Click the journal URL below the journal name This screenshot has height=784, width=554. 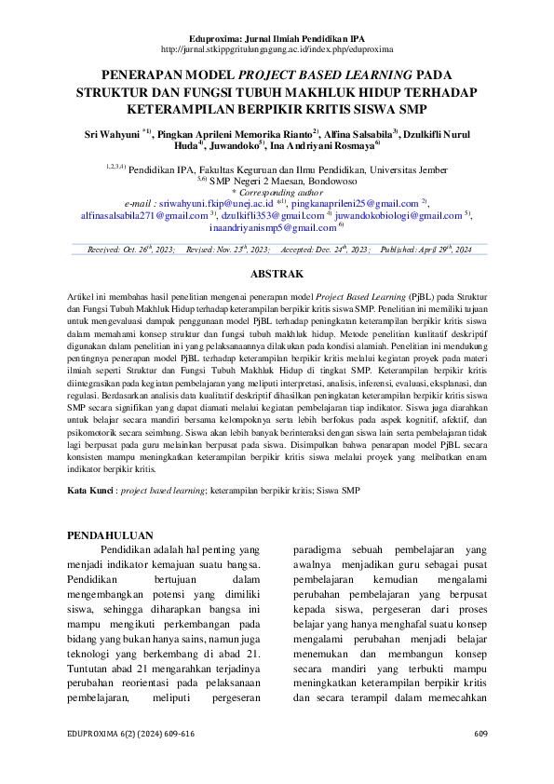click(x=277, y=47)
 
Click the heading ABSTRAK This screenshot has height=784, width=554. click(x=277, y=274)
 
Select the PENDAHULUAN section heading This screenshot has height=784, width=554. click(x=111, y=535)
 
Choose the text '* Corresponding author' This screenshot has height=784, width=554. click(x=277, y=191)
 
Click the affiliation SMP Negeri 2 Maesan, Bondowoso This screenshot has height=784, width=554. click(x=283, y=181)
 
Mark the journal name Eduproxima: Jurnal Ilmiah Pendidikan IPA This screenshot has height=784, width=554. click(x=277, y=35)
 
